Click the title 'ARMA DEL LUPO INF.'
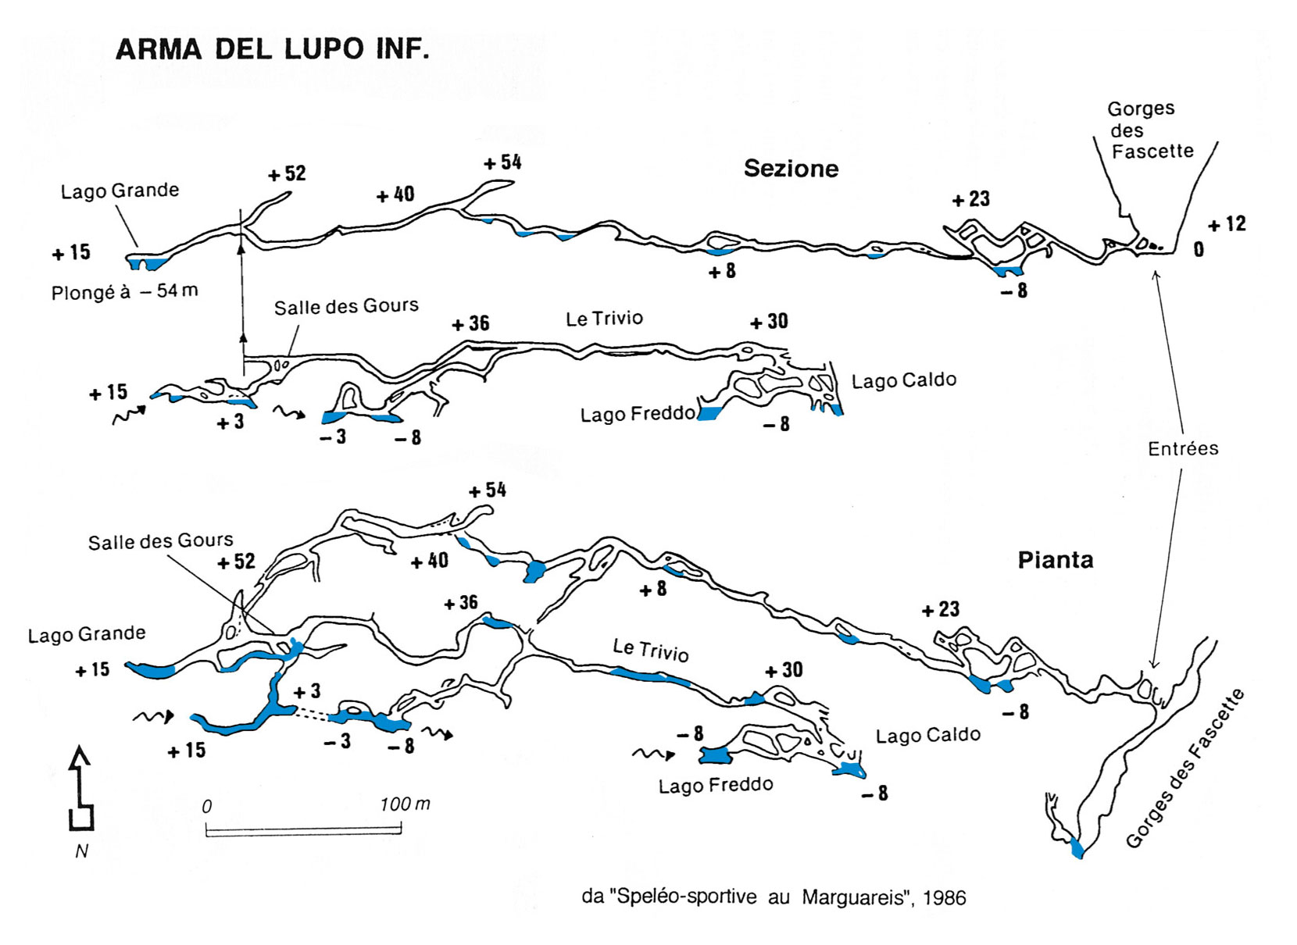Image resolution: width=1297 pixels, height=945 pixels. (x=273, y=49)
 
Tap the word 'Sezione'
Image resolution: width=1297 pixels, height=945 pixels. (x=791, y=169)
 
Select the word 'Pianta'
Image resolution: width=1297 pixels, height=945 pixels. (x=1056, y=560)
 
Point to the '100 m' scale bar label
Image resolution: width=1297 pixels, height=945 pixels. (x=405, y=804)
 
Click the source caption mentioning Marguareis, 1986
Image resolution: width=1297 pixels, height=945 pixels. (x=774, y=897)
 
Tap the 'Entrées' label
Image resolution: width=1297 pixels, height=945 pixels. (x=1183, y=448)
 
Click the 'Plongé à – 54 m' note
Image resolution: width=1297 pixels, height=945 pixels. (x=124, y=291)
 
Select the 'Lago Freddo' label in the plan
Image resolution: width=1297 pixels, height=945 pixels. (x=716, y=785)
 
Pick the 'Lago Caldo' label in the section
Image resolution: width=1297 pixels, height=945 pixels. (x=904, y=380)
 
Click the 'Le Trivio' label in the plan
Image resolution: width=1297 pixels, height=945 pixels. (x=651, y=651)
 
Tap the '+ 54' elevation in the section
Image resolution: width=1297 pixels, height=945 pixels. (x=502, y=162)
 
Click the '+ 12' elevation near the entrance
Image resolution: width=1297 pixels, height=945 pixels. (x=1227, y=224)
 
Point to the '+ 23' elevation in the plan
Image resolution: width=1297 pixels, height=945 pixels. (x=941, y=609)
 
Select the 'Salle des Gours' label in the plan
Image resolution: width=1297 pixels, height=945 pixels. (x=160, y=541)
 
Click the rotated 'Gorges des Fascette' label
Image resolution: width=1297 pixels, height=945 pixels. (x=1184, y=768)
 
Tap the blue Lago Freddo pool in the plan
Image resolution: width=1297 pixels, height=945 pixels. (x=714, y=755)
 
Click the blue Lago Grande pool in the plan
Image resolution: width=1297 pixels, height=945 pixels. (x=150, y=670)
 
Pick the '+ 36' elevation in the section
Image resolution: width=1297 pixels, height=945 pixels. (x=470, y=323)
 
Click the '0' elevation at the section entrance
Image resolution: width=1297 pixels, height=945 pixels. (x=1198, y=249)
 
